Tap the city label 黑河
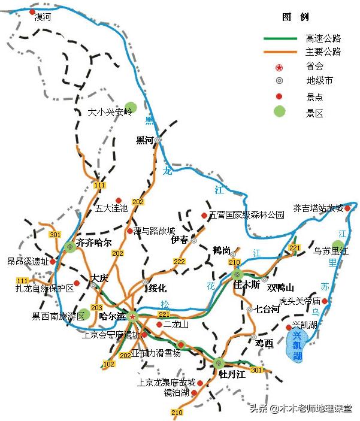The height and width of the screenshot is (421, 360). pos(145,140)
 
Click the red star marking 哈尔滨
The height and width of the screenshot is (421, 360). pos(132,314)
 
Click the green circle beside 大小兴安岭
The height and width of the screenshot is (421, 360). pos(131,108)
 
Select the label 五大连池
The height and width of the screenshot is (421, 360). pos(111,209)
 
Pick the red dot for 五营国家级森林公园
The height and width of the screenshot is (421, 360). pos(204,215)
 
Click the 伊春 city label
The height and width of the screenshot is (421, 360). pos(180,240)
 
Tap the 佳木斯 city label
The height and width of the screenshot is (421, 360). pos(247,286)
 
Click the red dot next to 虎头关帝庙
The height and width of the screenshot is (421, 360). pos(325,301)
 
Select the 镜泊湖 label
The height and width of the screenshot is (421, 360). pos(177,393)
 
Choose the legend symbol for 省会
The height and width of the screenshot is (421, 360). pos(279,66)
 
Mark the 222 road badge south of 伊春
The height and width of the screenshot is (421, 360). pos(179,262)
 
